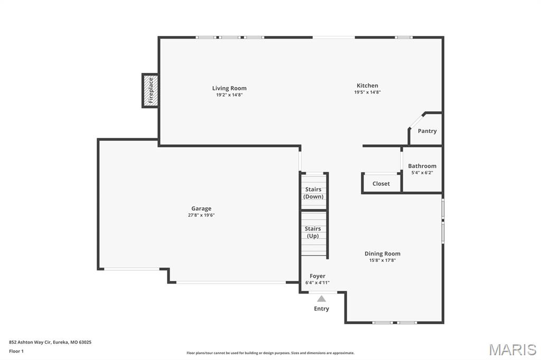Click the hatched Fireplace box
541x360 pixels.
[x=151, y=90]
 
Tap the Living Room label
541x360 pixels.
[x=229, y=88]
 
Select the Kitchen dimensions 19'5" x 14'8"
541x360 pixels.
[x=367, y=92]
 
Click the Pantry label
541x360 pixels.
[x=427, y=131]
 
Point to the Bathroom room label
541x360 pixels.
[x=422, y=166]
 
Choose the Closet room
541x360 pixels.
[x=381, y=184]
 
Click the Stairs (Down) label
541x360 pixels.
[x=313, y=193]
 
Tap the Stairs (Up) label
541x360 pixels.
[x=313, y=232]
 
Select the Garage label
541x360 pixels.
[x=201, y=209]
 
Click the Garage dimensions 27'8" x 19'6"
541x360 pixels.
[x=201, y=215]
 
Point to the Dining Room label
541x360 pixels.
[x=382, y=253]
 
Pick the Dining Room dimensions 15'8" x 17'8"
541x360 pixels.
[x=382, y=260]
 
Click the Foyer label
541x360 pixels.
[x=318, y=276]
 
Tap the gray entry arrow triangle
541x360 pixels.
[x=321, y=299]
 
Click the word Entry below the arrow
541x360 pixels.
[x=321, y=309]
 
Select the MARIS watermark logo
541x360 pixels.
[x=512, y=349]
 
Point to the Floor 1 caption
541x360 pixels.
[x=16, y=351]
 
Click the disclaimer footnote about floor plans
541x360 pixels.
[x=270, y=353]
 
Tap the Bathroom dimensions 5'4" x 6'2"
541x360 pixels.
[x=422, y=173]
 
